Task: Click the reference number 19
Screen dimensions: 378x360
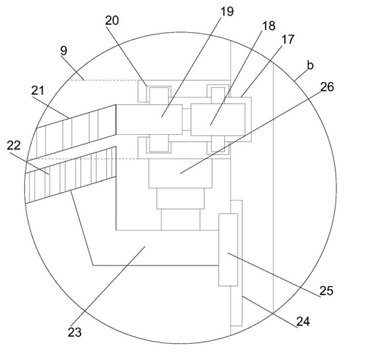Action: pos(227,11)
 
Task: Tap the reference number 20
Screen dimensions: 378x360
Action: pos(112,21)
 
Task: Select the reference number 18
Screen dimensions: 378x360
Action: pos(269,26)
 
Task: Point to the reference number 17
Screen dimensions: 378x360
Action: pos(288,40)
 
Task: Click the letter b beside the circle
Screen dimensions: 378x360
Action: pos(310,65)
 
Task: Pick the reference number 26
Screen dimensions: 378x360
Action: pos(327,87)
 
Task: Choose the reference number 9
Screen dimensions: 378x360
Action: pos(64,51)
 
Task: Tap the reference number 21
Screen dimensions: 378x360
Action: pos(38,91)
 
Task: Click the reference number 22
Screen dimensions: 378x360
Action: pos(14,145)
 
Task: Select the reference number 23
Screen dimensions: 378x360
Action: pos(75,332)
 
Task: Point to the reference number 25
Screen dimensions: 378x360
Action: pos(326,291)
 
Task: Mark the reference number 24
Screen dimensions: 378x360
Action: pos(303,321)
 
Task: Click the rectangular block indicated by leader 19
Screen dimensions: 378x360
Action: pos(149,120)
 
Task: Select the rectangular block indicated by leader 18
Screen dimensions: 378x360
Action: pos(218,120)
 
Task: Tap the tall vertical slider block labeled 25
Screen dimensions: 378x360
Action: pos(228,250)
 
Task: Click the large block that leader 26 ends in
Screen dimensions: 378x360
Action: pos(180,173)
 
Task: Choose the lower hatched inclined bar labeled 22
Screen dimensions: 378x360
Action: pos(70,175)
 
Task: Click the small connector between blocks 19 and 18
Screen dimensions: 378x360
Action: pos(187,120)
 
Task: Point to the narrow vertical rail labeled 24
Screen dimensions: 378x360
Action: pos(237,263)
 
